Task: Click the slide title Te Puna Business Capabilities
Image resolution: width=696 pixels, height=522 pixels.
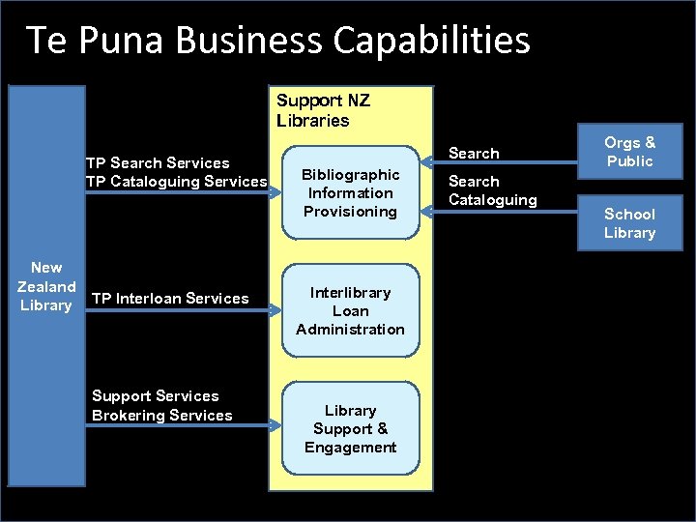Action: point(278,41)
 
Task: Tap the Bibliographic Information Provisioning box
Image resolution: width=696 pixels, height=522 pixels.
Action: point(350,193)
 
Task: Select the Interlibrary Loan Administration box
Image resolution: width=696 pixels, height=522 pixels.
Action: point(350,311)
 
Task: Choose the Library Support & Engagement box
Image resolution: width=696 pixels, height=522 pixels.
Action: point(350,429)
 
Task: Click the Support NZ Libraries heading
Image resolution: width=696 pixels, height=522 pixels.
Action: point(323,110)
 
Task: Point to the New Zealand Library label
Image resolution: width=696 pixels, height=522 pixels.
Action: point(46,286)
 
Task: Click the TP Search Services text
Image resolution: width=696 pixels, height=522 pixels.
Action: point(158,162)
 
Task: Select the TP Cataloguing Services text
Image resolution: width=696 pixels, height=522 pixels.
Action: point(176,181)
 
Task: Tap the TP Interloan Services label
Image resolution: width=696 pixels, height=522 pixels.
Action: point(170,299)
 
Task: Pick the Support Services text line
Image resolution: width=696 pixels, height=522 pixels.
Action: point(155,395)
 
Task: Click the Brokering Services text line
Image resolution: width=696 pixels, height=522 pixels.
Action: point(161,415)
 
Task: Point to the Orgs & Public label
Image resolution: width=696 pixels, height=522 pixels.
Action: point(629,152)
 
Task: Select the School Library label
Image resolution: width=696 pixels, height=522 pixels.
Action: point(629,223)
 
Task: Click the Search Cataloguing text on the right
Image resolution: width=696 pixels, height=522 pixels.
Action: point(492,190)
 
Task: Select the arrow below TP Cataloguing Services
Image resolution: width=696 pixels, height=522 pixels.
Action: point(180,192)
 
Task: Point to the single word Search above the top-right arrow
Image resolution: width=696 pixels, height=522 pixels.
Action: point(474,153)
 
